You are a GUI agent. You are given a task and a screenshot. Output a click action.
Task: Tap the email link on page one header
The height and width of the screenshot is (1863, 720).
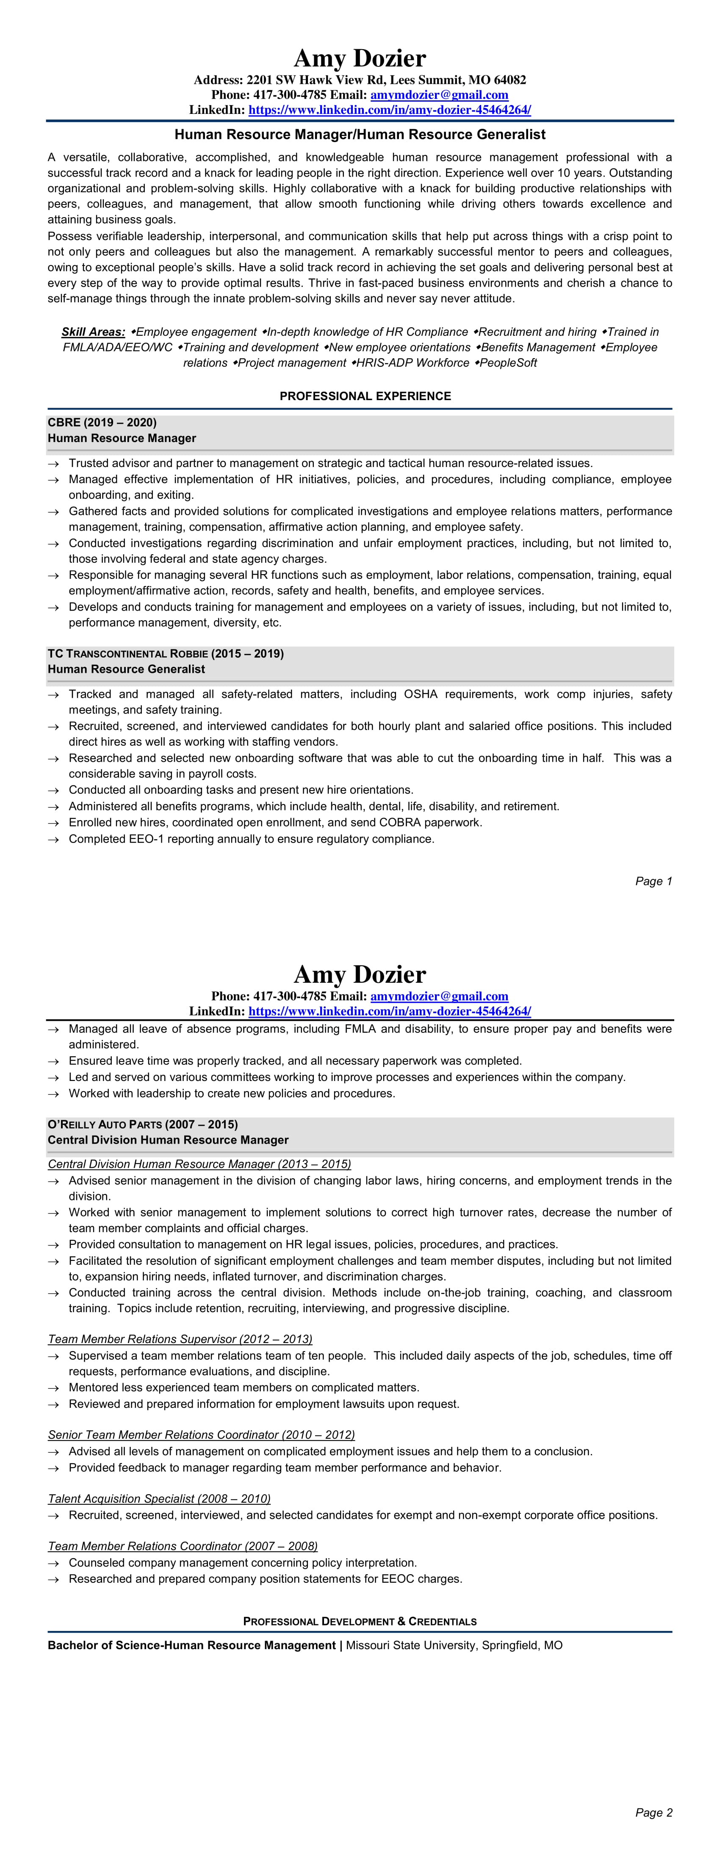[439, 95]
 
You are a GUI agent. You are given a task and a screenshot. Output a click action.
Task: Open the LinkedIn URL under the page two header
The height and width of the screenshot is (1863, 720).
[389, 1011]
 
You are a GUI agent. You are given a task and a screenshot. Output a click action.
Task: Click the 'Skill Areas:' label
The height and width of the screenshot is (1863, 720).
[93, 332]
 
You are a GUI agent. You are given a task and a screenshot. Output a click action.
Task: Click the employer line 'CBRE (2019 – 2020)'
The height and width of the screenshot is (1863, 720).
[102, 423]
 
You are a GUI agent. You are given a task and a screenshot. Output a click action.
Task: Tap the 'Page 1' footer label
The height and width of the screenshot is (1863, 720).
[654, 881]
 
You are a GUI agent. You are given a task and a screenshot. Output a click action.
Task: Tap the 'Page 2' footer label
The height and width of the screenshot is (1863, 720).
[654, 1812]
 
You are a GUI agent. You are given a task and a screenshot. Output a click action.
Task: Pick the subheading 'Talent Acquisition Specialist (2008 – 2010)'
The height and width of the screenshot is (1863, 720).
[159, 1498]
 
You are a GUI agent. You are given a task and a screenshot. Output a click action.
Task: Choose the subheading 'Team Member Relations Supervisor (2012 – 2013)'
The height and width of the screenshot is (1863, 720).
[180, 1339]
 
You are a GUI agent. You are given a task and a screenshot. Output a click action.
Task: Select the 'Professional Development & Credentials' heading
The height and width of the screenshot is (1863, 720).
[360, 1622]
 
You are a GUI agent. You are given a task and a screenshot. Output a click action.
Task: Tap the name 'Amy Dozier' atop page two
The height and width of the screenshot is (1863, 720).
[360, 974]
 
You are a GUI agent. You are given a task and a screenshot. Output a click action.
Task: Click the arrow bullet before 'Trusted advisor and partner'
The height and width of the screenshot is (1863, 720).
[53, 464]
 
